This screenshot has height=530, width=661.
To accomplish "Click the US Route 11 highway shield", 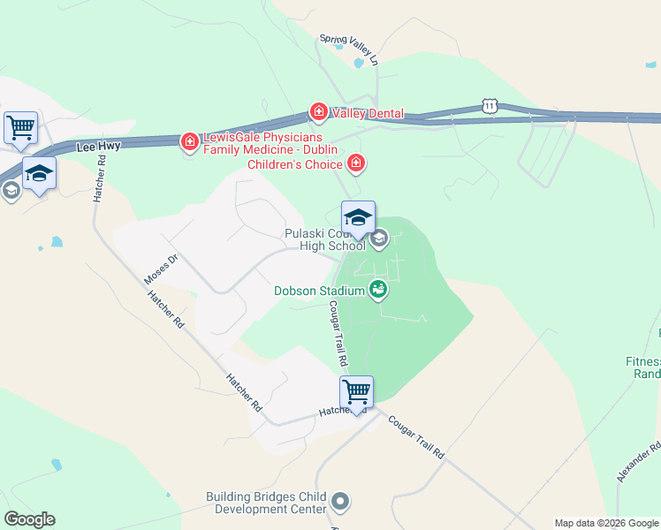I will (x=490, y=106).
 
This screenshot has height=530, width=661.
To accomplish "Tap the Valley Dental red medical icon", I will (x=318, y=112).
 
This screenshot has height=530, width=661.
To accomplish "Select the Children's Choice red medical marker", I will (x=356, y=163).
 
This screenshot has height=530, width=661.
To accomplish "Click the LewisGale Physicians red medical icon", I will (x=189, y=141).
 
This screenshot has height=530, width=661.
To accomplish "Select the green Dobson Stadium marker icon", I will (x=379, y=288).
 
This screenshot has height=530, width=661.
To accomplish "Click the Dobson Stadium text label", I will (x=319, y=291).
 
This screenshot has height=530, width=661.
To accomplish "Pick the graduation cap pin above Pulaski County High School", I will (x=358, y=217).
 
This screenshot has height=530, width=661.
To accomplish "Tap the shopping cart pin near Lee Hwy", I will (x=20, y=127).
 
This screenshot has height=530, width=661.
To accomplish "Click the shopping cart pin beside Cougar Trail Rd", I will (x=356, y=391).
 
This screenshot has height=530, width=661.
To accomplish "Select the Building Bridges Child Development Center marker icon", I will (x=341, y=503).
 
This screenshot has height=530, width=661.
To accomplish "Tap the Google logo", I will (x=29, y=519).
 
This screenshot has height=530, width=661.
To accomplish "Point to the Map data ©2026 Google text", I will (x=605, y=523).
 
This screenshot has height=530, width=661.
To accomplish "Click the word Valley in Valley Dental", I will (x=349, y=113).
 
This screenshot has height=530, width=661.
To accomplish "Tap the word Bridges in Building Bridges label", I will (x=277, y=497).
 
